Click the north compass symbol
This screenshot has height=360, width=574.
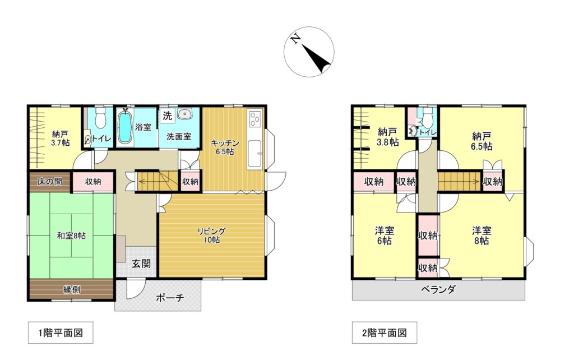click(x=309, y=52)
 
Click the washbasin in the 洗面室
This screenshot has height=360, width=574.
click(x=184, y=115)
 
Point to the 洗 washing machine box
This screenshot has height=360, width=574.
click(x=167, y=116)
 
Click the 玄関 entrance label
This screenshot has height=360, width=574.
click(x=141, y=263)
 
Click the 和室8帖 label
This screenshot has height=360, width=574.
click(x=71, y=236)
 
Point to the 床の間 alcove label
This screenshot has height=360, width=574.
click(x=49, y=182)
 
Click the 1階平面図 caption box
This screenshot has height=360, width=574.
click(x=61, y=333)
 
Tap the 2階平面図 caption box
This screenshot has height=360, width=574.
click(x=384, y=333)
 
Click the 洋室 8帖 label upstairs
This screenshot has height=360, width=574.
click(x=481, y=236)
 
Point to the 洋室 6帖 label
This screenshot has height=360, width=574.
click(x=384, y=236)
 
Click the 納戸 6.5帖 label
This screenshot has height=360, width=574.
click(x=482, y=141)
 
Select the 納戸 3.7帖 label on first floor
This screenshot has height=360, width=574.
click(x=61, y=139)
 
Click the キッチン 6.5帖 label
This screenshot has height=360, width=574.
click(x=225, y=147)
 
